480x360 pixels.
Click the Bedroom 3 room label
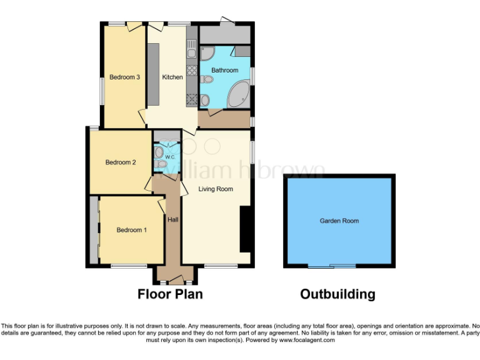[x=124, y=77]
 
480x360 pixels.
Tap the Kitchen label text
[x=172, y=77]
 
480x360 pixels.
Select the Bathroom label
[x=224, y=71]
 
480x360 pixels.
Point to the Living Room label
[x=216, y=189]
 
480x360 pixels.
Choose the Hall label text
[x=172, y=219]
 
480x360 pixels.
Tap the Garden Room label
[x=339, y=221]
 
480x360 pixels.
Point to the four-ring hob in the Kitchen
[x=191, y=97]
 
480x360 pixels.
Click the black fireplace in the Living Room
[x=246, y=230]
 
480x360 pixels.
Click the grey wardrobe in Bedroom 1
[x=94, y=230]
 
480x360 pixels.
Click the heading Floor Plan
[x=170, y=294]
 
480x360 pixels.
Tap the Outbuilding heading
[x=337, y=294]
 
